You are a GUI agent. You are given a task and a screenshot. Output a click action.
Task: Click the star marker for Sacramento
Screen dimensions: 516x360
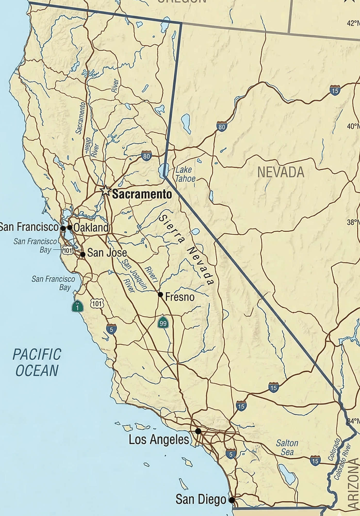point(105,191)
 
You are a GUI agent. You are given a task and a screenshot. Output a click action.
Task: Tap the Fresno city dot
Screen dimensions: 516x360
point(160,294)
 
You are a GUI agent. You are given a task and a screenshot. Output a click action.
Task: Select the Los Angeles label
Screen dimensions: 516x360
point(159,440)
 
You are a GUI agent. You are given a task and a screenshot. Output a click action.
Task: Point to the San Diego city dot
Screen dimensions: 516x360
point(232,500)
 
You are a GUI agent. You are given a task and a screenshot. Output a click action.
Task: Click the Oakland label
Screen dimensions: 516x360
point(91,228)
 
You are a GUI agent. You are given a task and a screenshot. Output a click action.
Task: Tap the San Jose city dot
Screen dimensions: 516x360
point(83,254)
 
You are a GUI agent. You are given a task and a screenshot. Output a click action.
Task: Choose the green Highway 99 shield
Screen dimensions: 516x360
point(163,323)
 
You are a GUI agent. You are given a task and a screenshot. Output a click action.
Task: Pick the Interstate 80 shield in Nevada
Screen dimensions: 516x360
point(222,126)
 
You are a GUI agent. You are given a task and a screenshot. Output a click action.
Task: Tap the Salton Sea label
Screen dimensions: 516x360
point(287,448)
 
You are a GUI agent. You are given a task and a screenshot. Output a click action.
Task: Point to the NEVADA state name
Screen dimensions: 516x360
point(281,172)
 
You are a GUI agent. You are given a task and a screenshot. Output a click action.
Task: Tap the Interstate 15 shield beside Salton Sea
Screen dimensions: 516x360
point(315,461)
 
